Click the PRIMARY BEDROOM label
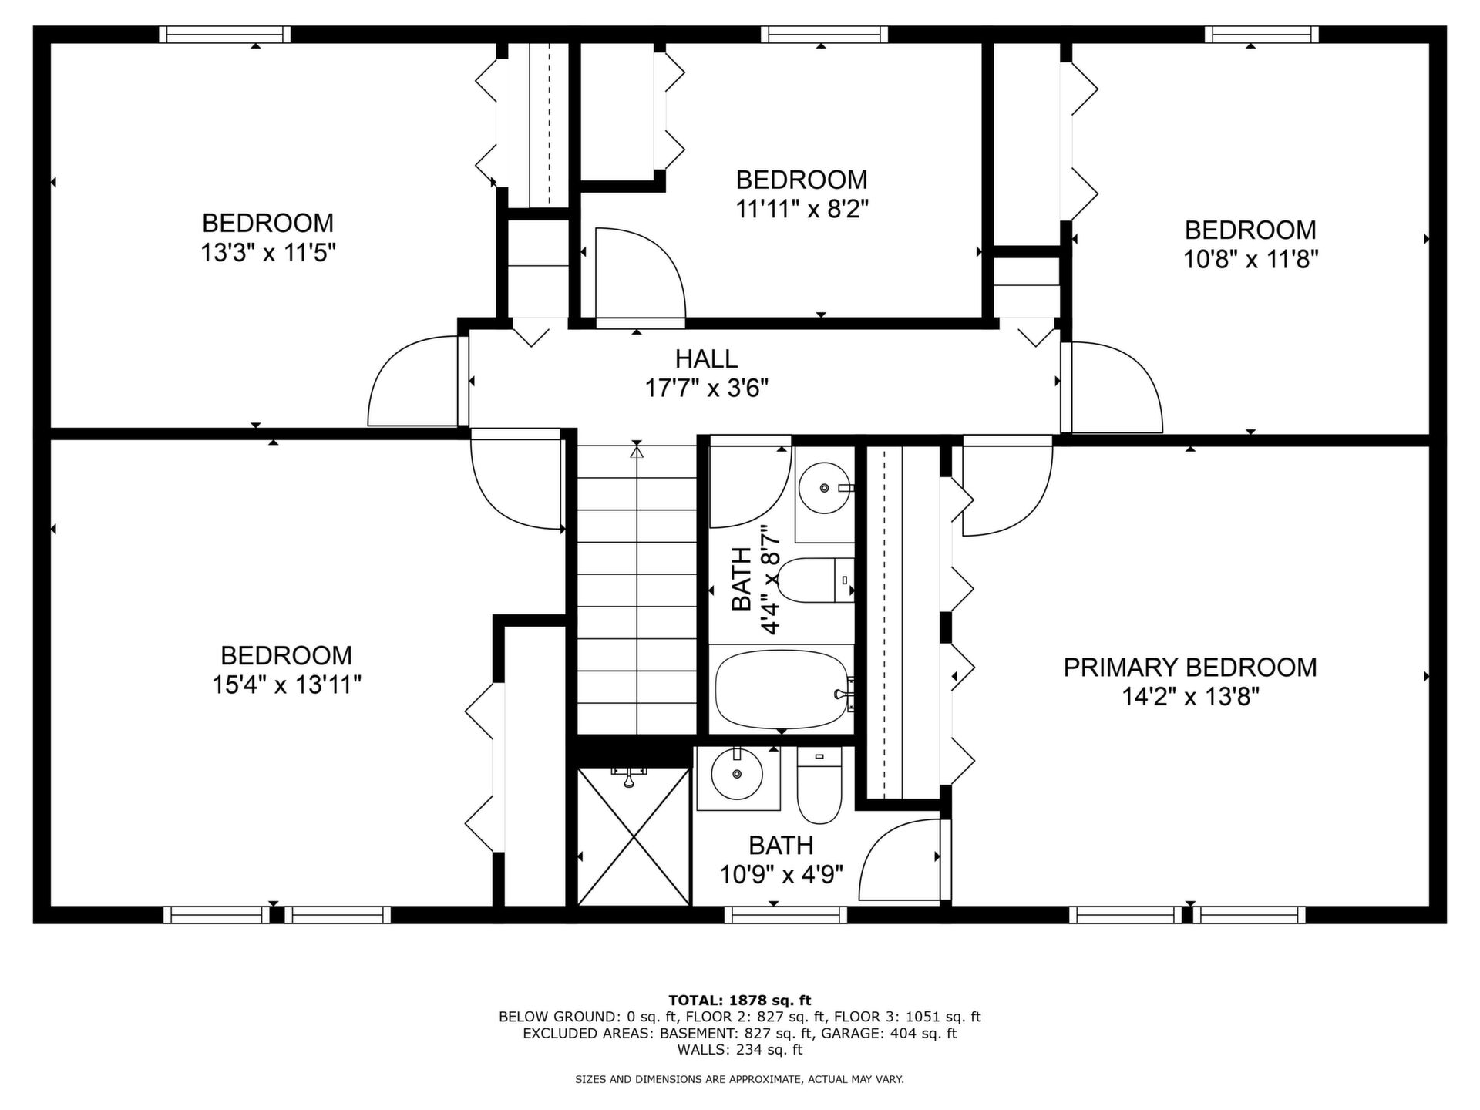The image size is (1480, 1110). pos(1190,668)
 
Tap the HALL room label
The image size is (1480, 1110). pos(706,358)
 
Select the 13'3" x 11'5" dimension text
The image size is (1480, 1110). pos(268,252)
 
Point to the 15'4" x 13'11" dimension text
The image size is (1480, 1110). pos(287,684)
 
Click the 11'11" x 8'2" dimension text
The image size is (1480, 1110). pos(802,209)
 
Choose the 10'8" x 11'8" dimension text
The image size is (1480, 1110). pos(1250,259)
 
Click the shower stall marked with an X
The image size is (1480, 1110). pos(634,836)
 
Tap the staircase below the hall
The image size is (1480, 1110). pos(637,589)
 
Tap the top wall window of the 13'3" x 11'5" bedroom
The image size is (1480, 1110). pos(225,34)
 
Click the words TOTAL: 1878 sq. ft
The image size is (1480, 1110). pos(740,1001)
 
